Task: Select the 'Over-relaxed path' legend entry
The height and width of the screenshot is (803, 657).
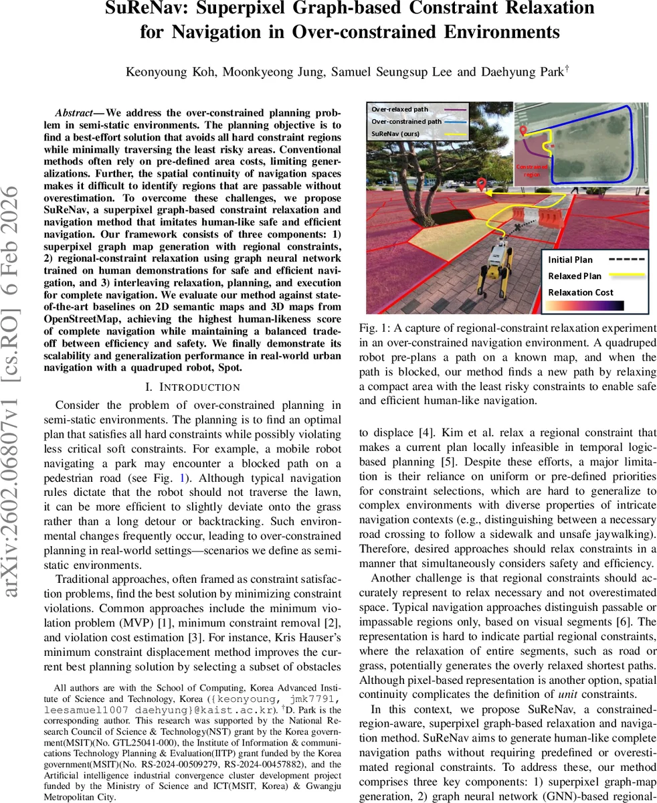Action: [x=399, y=109]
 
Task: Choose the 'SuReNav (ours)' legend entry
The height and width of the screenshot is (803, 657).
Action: [x=395, y=134]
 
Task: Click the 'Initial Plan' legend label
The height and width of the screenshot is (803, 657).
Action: [x=571, y=260]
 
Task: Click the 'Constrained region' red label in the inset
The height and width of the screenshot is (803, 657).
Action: [x=533, y=171]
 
